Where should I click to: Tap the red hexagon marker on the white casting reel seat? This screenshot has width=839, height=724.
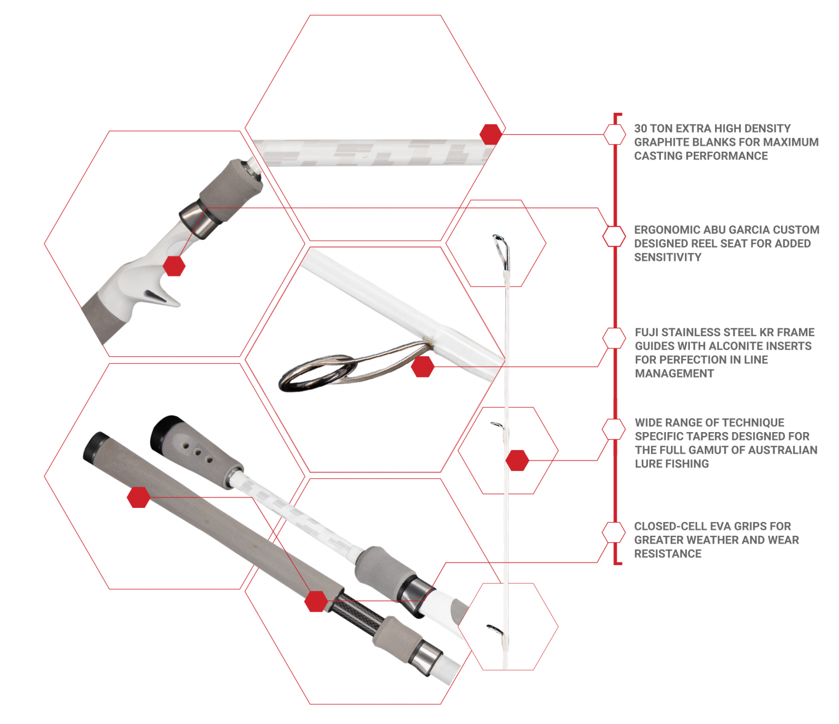tap(174, 266)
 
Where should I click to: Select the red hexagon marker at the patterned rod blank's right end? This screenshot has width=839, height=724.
tap(490, 134)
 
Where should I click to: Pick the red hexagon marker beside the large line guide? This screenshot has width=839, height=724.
tap(422, 367)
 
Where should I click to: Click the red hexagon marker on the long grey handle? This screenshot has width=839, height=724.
tap(138, 497)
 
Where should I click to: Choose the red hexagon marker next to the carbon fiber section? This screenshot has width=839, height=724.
tap(316, 601)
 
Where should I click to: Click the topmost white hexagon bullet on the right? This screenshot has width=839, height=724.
tap(615, 134)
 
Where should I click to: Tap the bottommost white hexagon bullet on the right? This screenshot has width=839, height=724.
tap(614, 532)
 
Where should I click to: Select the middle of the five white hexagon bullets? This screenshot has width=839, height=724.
tap(614, 338)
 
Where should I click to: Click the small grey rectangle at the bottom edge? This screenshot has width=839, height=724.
tap(524, 693)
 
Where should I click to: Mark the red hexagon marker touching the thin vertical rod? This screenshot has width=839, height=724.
tap(517, 460)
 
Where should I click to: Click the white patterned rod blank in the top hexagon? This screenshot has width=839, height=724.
tap(371, 152)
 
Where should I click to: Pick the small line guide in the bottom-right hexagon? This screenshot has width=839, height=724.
tap(495, 628)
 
